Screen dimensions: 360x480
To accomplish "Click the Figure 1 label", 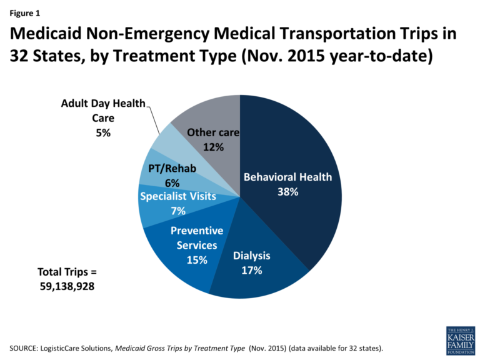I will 25,11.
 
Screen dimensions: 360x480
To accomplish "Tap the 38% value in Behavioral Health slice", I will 288,192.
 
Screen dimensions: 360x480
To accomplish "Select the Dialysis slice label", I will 251,255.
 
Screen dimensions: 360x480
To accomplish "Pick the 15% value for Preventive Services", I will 196,259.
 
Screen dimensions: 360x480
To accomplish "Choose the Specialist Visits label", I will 178,196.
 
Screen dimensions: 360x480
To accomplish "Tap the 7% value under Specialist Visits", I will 177,211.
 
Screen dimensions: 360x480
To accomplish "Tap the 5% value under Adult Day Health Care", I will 103,132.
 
